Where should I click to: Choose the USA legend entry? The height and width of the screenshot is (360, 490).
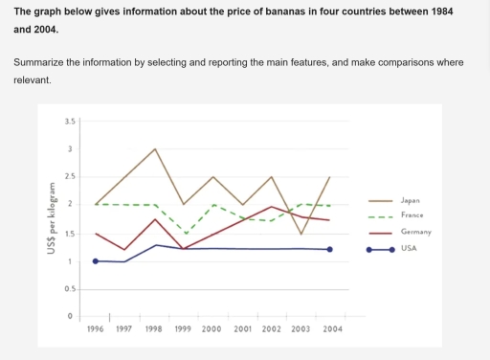(410, 248)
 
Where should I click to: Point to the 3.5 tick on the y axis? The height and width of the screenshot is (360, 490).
(69, 122)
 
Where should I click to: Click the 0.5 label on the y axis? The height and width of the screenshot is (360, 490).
(69, 289)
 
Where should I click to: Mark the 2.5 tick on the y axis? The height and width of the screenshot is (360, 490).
(69, 177)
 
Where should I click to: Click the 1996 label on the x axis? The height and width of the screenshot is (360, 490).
(95, 328)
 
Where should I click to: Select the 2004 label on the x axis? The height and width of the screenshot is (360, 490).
(331, 328)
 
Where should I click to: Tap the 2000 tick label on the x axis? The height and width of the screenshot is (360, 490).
(212, 328)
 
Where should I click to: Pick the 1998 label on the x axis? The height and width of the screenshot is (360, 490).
(154, 328)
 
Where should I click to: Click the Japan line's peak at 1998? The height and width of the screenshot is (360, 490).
(155, 149)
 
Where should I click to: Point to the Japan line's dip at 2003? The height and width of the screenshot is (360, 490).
(301, 235)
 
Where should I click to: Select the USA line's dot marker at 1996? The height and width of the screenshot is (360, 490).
(96, 260)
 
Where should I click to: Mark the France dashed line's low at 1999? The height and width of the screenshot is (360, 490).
(185, 234)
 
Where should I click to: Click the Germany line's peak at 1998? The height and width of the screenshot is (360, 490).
(155, 219)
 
